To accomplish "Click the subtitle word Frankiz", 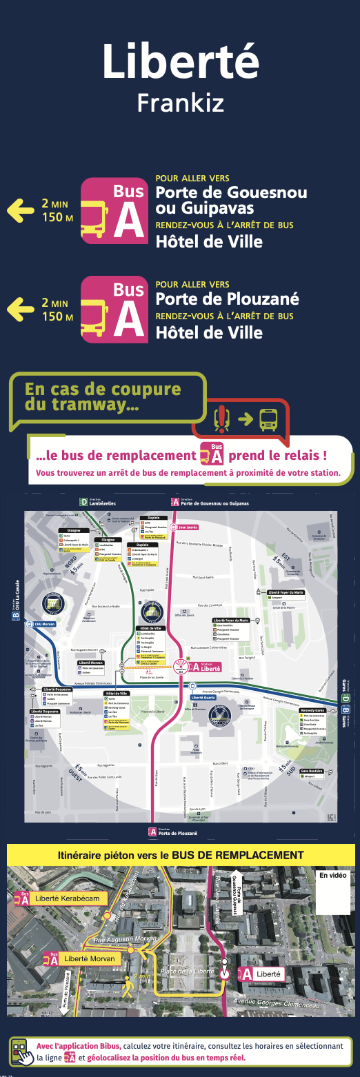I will coord(180,103).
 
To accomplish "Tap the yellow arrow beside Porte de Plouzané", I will coord(20,308).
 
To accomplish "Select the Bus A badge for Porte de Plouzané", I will coord(114,310).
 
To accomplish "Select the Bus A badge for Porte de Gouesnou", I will coord(114,211).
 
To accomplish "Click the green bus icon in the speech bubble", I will coord(268,419).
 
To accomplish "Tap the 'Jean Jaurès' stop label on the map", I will coord(188,527).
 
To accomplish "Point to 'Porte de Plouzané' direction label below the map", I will coord(176,832).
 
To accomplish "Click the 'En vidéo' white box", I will coord(334,893).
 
